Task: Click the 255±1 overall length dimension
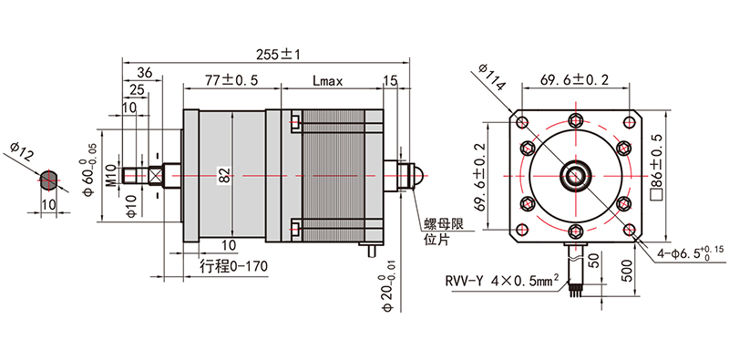[279, 55]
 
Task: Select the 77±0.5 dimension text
[231, 80]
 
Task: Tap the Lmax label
[327, 81]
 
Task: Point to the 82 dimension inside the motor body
[224, 176]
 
